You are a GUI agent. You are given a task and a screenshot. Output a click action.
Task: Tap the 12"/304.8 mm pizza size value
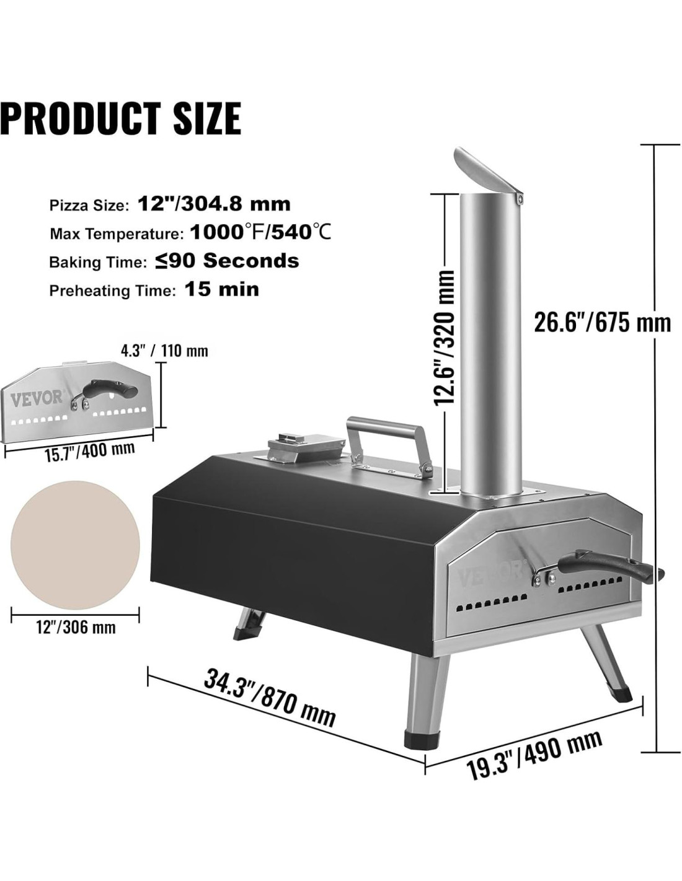tap(215, 204)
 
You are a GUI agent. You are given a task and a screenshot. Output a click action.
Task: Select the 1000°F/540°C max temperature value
tap(260, 233)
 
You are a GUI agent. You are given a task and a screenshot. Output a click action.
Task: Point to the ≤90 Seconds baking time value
tap(227, 261)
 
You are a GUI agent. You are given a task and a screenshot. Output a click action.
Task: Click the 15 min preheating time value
tap(222, 289)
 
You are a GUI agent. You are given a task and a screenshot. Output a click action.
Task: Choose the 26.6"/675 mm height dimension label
tap(602, 323)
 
